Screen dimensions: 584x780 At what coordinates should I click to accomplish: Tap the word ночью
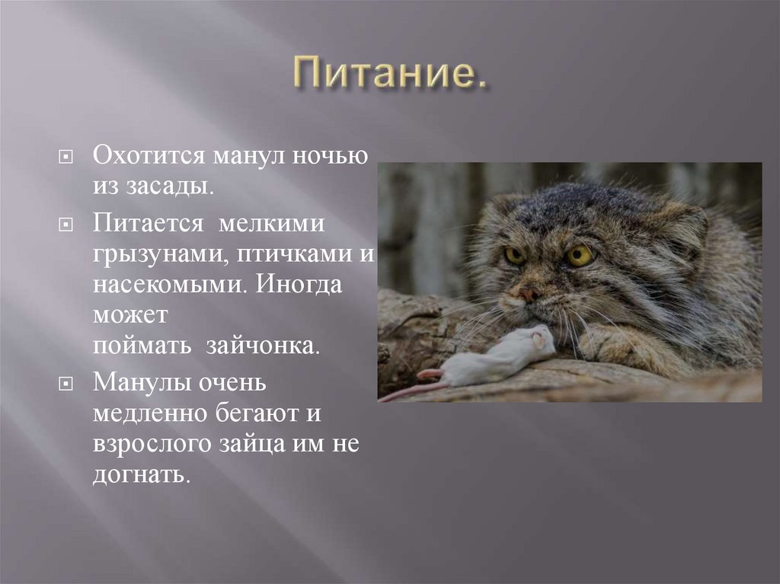click(x=337, y=155)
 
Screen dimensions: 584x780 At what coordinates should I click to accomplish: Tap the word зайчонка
click(x=263, y=345)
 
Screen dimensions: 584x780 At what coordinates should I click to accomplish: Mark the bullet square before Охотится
click(x=66, y=156)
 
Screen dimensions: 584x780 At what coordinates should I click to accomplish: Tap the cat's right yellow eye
click(x=579, y=255)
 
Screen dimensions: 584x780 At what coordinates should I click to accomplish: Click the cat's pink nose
click(x=529, y=293)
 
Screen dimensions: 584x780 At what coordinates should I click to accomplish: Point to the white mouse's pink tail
click(x=411, y=389)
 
